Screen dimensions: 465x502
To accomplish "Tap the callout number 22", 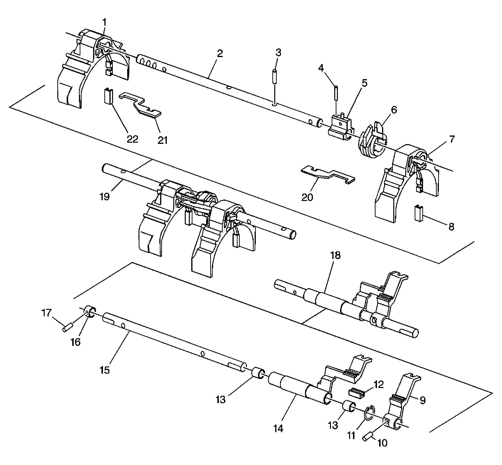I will (x=132, y=139).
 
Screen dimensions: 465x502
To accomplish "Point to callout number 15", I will (x=105, y=370).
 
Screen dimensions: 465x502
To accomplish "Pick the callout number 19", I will (x=105, y=196).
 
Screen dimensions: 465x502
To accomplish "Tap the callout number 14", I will (x=278, y=428).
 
